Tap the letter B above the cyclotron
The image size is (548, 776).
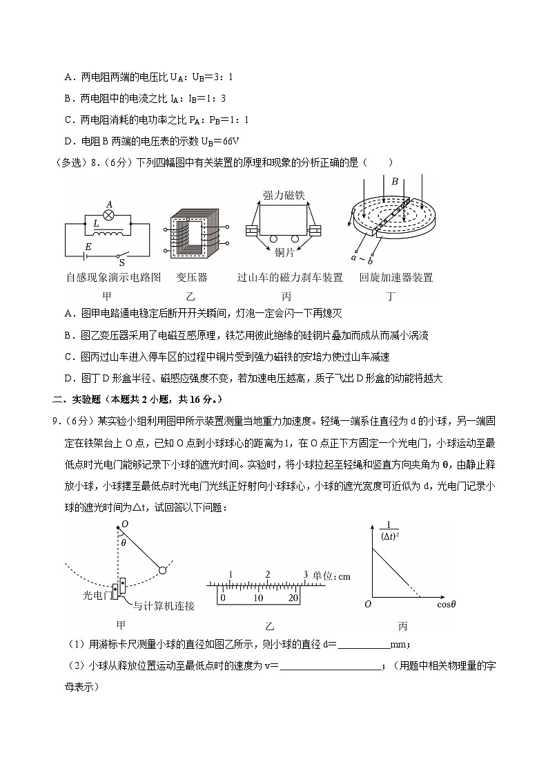(x=395, y=182)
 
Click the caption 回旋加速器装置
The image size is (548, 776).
(x=396, y=278)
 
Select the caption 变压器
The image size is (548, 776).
(x=192, y=278)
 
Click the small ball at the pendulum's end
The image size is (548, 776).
(x=163, y=570)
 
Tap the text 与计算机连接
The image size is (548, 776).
(x=164, y=606)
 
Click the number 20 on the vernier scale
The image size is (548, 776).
(x=293, y=598)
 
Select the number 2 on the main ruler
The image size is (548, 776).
(x=267, y=575)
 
